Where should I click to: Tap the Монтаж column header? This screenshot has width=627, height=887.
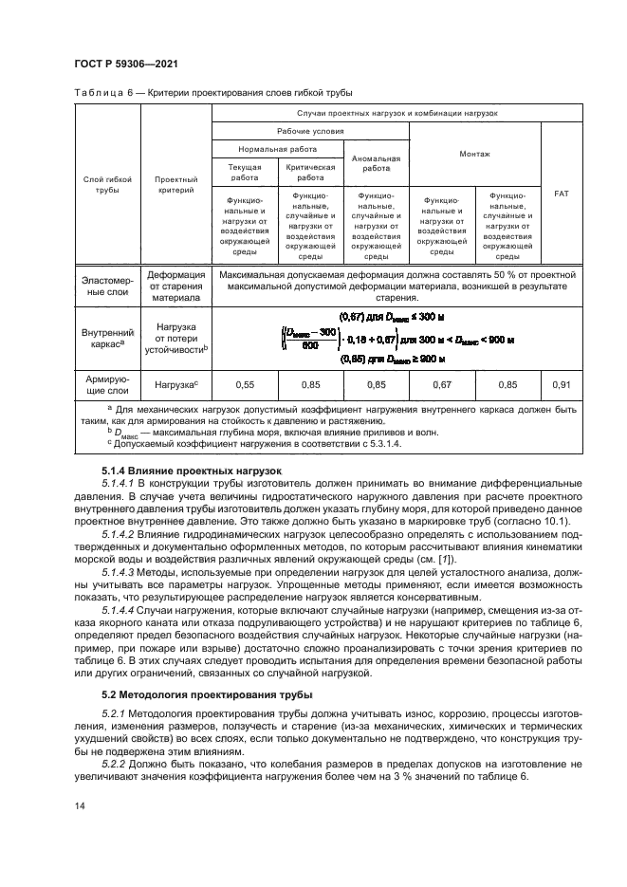pyautogui.click(x=474, y=153)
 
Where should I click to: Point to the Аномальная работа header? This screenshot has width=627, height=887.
pyautogui.click(x=376, y=164)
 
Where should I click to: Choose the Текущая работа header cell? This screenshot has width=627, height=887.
pyautogui.click(x=244, y=172)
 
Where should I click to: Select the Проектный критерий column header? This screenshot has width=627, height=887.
pyautogui.click(x=175, y=184)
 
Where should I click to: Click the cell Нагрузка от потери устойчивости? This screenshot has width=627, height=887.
pyautogui.click(x=175, y=340)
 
